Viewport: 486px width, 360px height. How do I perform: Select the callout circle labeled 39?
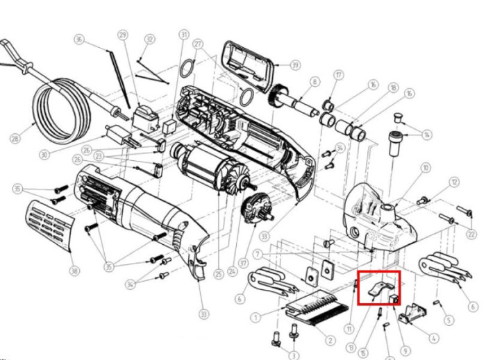click(x=295, y=65)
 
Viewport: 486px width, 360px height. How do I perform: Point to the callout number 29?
click(x=123, y=35)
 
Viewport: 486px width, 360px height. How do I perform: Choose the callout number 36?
click(x=79, y=40)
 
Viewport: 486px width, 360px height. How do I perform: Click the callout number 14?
click(x=426, y=134)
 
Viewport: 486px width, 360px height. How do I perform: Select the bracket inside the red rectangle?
click(x=378, y=287)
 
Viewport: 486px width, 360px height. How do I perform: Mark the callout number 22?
click(x=472, y=235)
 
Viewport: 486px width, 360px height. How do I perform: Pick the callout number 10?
click(x=426, y=167)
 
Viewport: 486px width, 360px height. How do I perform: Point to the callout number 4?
click(x=434, y=339)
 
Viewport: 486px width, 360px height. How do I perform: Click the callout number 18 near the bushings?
click(x=393, y=88)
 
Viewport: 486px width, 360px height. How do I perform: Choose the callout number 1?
click(x=256, y=317)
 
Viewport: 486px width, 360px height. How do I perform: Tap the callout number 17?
click(x=338, y=74)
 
